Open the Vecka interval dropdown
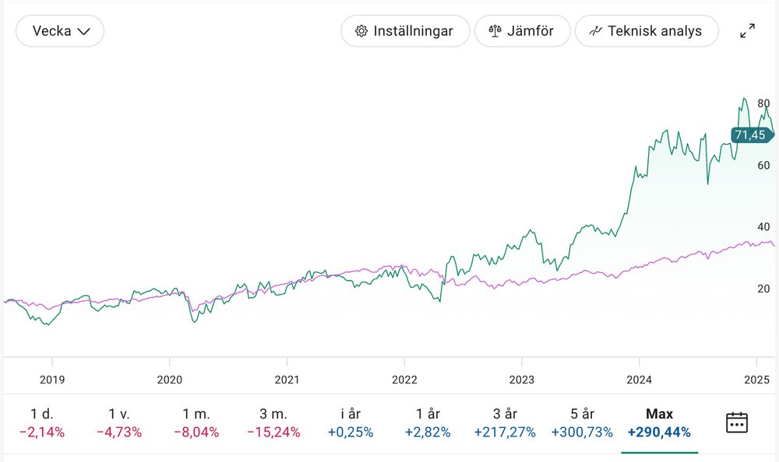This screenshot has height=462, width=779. (60, 31)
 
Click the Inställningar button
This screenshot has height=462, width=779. (405, 31)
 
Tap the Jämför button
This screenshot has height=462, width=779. (521, 31)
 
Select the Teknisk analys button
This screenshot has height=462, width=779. (646, 31)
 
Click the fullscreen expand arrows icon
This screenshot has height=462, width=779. (747, 31)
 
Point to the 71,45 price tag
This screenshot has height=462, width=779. (750, 135)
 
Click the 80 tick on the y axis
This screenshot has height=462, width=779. (763, 103)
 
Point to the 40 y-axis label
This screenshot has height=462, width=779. (763, 226)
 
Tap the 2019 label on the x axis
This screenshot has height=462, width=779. (52, 380)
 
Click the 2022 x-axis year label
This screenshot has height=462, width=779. (404, 380)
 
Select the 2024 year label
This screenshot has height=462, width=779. (639, 380)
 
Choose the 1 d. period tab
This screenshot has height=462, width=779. (43, 422)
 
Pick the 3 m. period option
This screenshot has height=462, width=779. (273, 422)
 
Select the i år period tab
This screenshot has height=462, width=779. (351, 422)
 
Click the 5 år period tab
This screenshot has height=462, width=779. (582, 422)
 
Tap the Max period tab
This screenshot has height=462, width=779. (659, 422)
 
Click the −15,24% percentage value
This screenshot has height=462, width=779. (273, 432)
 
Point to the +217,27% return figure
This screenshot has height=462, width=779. (505, 432)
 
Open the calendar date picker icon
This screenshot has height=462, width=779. (736, 422)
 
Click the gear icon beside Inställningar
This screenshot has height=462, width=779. (361, 31)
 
